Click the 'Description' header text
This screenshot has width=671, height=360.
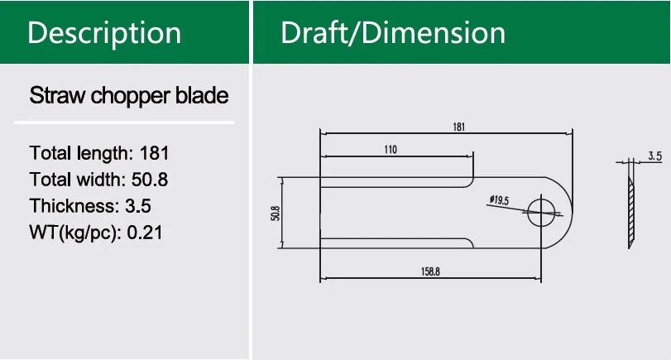coord(104,33)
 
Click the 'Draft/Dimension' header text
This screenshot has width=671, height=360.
coord(393,33)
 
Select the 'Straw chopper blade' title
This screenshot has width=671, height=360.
coord(128,96)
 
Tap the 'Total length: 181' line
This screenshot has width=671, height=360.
coord(99,153)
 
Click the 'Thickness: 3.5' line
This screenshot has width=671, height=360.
coord(90,206)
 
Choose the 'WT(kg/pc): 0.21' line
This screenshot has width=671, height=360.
coord(96,233)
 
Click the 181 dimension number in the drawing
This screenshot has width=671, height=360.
coord(459,127)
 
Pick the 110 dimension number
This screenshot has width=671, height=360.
coord(391,150)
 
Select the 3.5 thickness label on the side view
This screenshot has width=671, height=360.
coord(654,156)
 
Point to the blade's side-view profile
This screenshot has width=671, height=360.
coord(630,211)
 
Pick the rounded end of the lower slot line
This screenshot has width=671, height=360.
coord(471,243)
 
